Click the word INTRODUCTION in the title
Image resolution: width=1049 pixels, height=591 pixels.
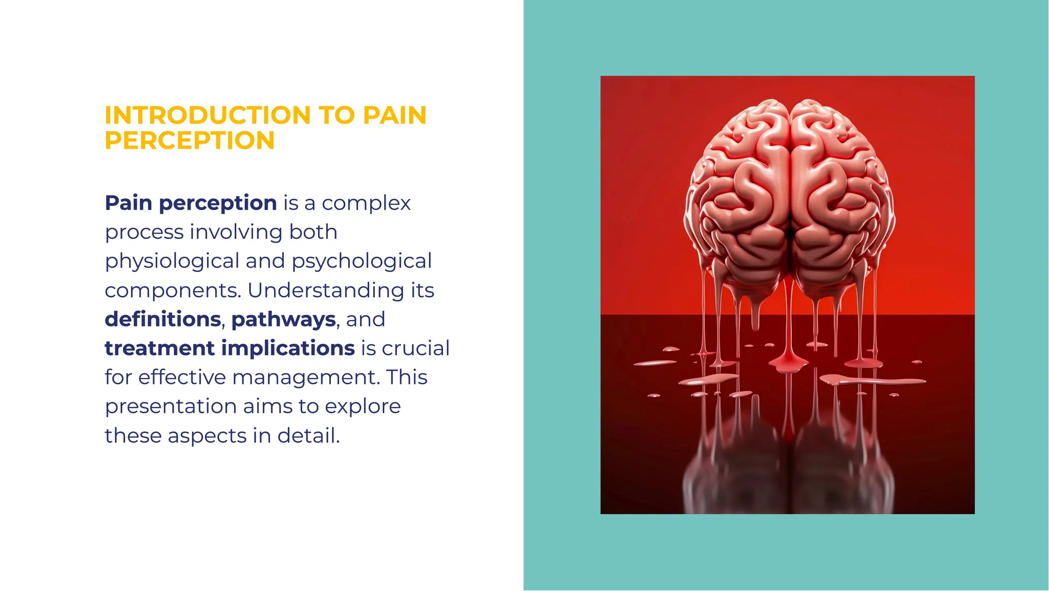(x=207, y=115)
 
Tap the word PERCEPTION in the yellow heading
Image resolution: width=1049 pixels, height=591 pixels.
(x=190, y=140)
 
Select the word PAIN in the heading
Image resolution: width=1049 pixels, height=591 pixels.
(x=394, y=115)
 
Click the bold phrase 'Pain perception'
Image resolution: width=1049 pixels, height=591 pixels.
(x=191, y=203)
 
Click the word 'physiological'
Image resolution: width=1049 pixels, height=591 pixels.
(x=172, y=261)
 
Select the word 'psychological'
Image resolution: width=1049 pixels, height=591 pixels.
(x=362, y=261)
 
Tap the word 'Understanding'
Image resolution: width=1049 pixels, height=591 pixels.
(x=326, y=290)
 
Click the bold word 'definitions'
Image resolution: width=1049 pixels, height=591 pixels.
(x=163, y=319)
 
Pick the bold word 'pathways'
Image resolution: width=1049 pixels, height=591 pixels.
(x=284, y=319)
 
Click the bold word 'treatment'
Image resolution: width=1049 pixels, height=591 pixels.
(x=159, y=349)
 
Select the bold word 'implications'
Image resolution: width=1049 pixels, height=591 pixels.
(x=288, y=349)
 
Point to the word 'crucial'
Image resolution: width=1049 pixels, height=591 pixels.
(x=415, y=349)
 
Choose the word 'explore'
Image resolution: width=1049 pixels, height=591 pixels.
(x=363, y=406)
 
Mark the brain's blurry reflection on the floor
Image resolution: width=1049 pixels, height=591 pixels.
(x=789, y=472)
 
